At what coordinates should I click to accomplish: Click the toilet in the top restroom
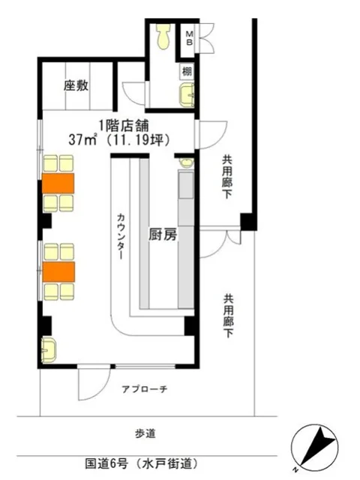161,37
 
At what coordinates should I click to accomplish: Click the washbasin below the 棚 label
186,94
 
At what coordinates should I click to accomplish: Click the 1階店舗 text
120,124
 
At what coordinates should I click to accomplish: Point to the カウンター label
121,236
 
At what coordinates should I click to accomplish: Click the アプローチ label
144,388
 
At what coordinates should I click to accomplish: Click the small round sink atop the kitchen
186,162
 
